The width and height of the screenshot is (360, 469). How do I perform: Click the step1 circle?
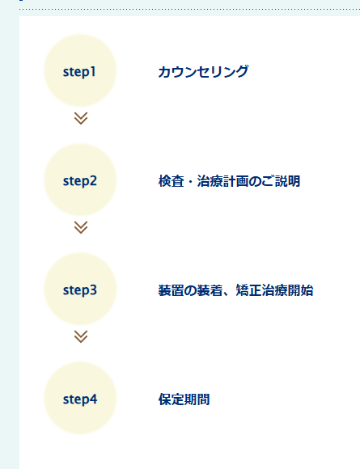tap(80, 70)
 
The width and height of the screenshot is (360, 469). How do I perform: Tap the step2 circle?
tap(80, 180)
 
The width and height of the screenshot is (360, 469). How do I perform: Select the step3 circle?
tap(80, 289)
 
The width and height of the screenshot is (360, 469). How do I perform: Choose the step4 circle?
tap(80, 398)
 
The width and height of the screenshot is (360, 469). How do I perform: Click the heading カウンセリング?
tap(203, 72)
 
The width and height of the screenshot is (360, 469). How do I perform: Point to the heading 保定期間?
tap(184, 399)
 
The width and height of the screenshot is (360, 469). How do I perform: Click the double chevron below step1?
tap(81, 118)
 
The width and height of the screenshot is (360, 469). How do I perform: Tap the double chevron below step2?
tap(81, 227)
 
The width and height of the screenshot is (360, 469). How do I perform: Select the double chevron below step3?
tap(81, 336)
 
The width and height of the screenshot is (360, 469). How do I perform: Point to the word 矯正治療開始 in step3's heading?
tap(274, 290)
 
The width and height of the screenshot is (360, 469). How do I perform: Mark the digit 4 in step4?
tap(93, 399)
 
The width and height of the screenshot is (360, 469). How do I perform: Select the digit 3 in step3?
tap(93, 289)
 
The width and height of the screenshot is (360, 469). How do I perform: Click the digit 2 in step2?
tap(93, 180)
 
